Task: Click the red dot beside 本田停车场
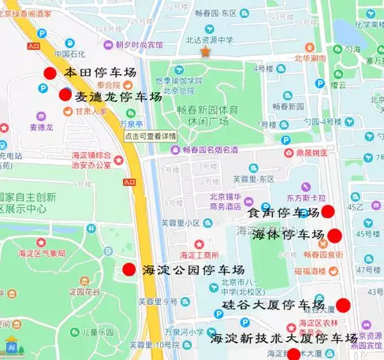click(x=50, y=73)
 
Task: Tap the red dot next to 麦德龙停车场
click(x=65, y=95)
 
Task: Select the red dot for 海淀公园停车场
click(x=129, y=269)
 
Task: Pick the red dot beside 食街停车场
click(x=328, y=211)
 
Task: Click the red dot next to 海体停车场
click(x=334, y=235)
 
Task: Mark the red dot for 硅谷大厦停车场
click(x=343, y=305)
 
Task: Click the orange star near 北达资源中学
click(x=205, y=52)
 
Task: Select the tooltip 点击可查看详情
click(x=151, y=136)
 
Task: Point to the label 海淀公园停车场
click(x=194, y=270)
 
